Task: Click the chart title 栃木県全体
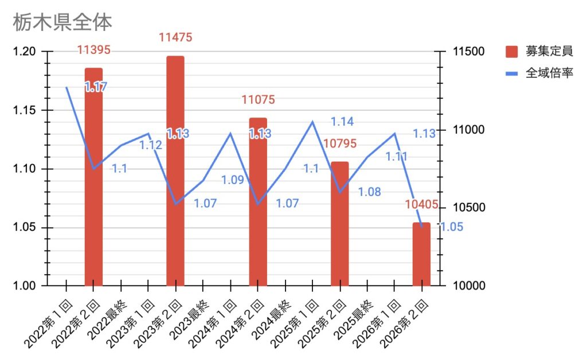(62, 22)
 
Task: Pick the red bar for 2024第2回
(258, 202)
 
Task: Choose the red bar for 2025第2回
(340, 224)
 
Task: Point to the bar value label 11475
(175, 38)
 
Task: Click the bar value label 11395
(93, 50)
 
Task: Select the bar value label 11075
(258, 100)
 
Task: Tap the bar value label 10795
(340, 143)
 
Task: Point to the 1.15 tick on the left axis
(25, 111)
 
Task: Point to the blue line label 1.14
(342, 122)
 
